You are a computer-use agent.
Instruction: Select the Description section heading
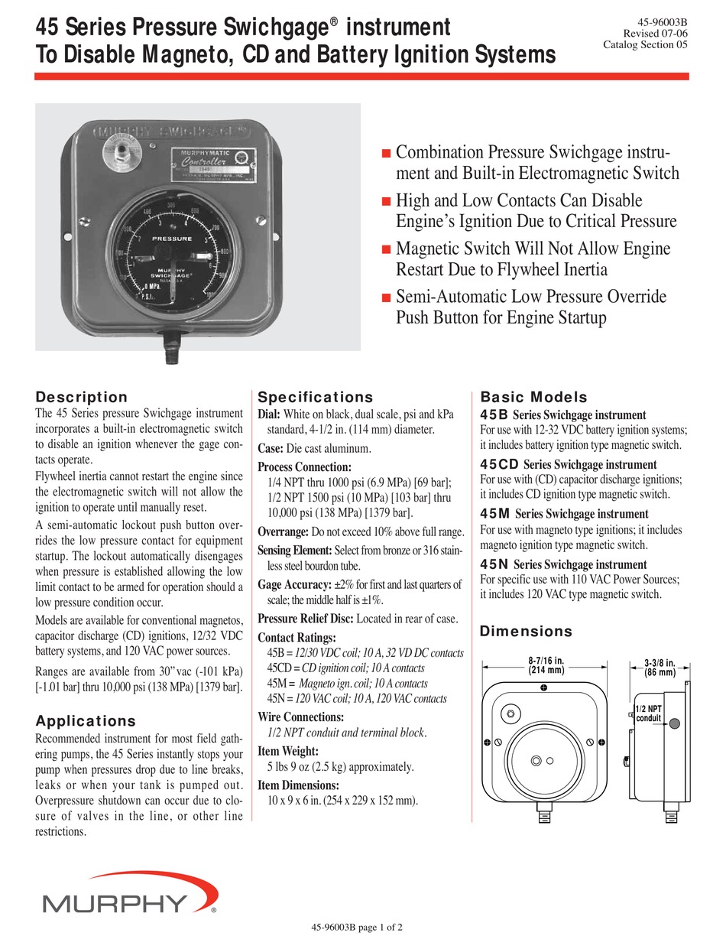pos(82,397)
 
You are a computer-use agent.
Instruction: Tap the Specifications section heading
pos(315,397)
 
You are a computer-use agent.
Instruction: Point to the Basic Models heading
pos(533,397)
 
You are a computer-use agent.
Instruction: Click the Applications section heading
pos(86,721)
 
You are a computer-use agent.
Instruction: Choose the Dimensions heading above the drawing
pos(525,632)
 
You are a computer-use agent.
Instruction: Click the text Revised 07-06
pos(655,32)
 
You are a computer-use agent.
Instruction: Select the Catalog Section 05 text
pos(645,44)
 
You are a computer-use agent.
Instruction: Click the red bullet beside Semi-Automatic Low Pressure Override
pos(386,297)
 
